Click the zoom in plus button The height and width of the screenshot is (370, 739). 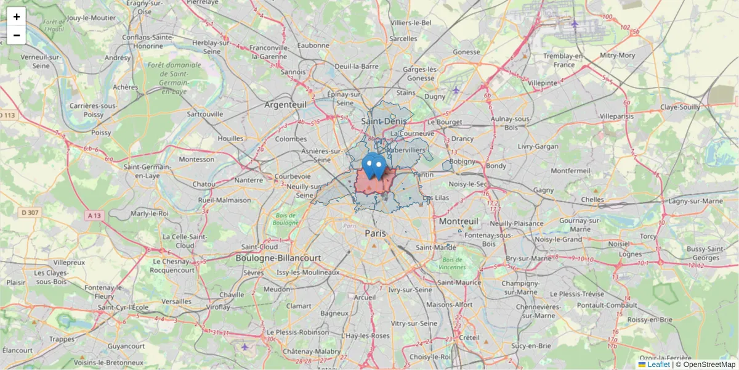click(x=17, y=17)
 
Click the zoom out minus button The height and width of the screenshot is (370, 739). click(x=17, y=35)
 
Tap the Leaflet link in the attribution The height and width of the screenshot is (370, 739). click(x=658, y=364)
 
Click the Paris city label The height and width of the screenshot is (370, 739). click(x=375, y=233)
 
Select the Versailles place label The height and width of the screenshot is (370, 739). click(x=176, y=302)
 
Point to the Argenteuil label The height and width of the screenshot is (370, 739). click(x=285, y=105)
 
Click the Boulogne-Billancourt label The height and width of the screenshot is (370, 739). click(x=278, y=258)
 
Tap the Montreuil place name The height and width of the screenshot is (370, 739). click(x=458, y=221)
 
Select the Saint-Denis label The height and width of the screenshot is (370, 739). click(x=384, y=121)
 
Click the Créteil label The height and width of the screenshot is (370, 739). click(x=469, y=337)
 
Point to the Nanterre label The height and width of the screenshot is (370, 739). click(x=249, y=180)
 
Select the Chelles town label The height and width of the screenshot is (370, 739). click(x=592, y=199)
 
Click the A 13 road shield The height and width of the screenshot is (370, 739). click(x=94, y=215)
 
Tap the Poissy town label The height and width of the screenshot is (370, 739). click(x=101, y=133)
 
